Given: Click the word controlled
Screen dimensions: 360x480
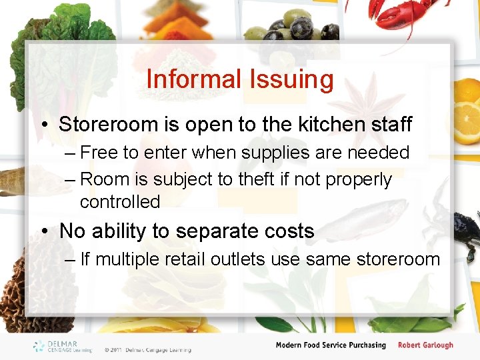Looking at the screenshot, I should (120, 201).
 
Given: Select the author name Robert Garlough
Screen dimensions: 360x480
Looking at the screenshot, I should (425, 345).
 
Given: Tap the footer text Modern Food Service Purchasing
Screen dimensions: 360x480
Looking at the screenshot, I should (331, 345).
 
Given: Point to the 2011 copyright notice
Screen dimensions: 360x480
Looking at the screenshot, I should (147, 349).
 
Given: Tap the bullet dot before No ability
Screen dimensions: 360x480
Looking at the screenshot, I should (44, 231).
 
